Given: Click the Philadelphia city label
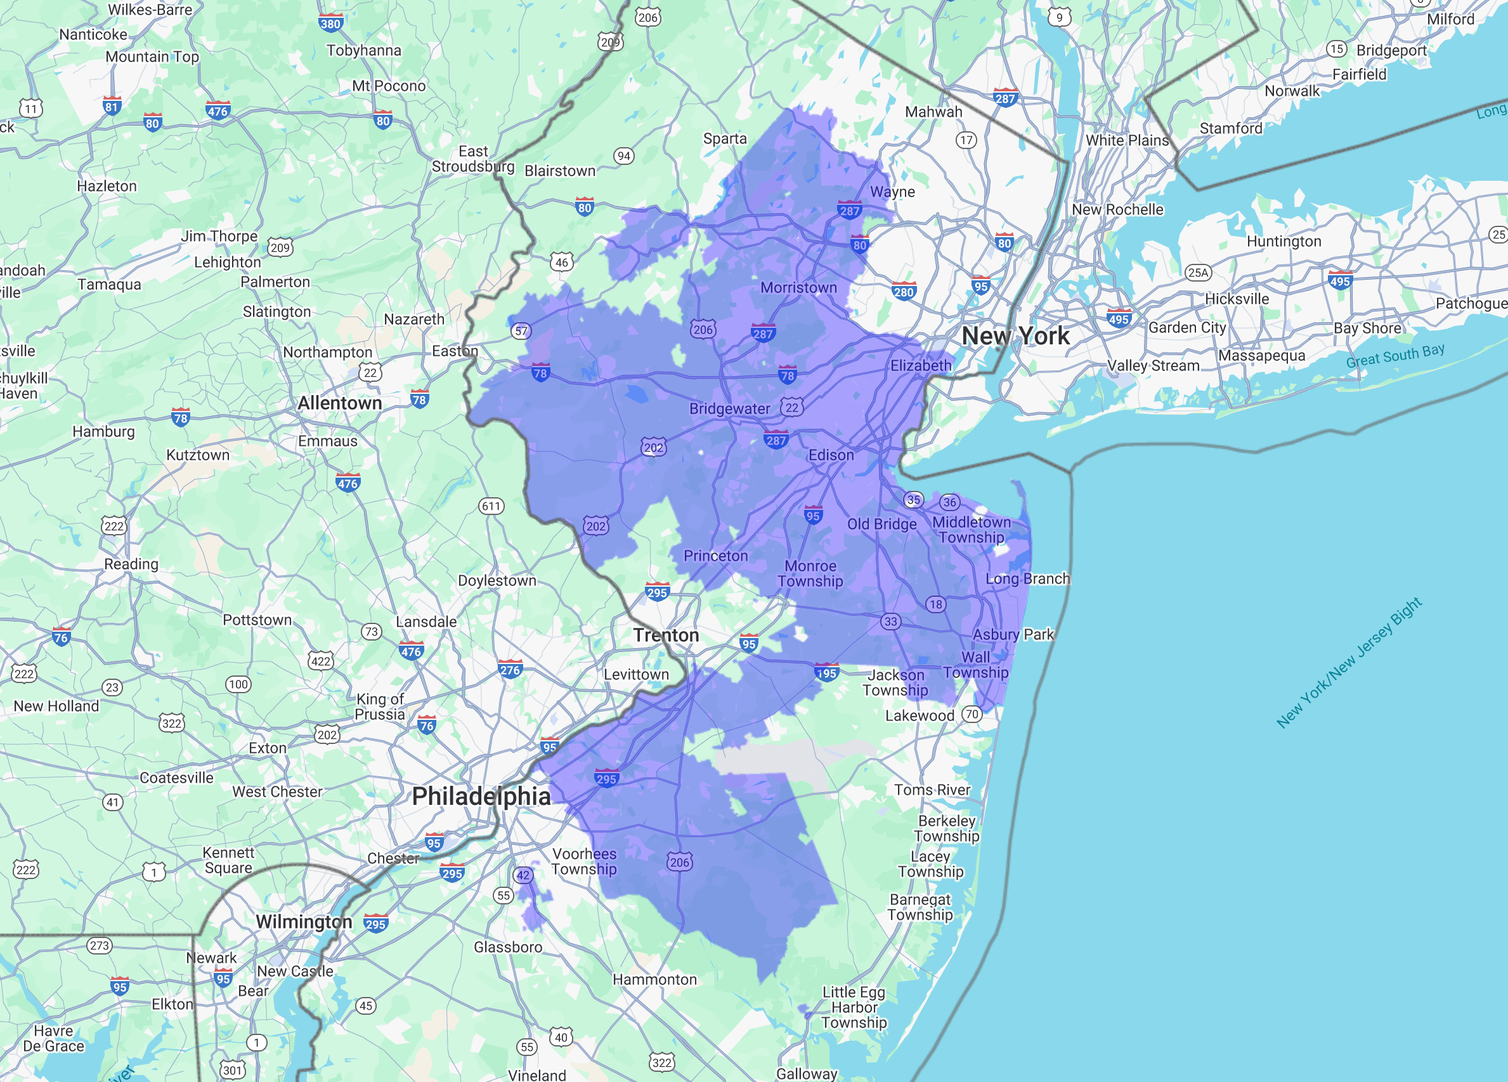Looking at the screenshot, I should (481, 796).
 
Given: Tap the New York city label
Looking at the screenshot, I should (1015, 336).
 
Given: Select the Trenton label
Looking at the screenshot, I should (666, 635).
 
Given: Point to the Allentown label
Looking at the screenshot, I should (339, 403).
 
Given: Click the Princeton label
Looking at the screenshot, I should (715, 556).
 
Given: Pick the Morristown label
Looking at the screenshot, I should (798, 288).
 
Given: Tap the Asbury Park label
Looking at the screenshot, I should (1013, 634).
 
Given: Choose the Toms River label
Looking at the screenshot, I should (932, 790).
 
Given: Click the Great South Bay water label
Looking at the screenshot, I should (1395, 356).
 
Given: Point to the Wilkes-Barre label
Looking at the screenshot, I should (150, 10).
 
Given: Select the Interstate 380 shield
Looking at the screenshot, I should (330, 24).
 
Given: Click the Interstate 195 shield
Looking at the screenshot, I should (826, 673).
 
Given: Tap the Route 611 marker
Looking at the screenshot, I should (491, 506).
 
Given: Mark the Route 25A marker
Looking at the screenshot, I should (1198, 272).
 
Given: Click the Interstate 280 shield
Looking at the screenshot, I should (904, 291).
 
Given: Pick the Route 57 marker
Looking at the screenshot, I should (521, 330).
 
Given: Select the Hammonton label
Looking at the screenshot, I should (654, 980).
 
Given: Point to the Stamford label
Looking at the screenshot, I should (1231, 128).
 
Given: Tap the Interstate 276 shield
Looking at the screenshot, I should (510, 670).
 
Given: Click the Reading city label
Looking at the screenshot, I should (131, 564).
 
